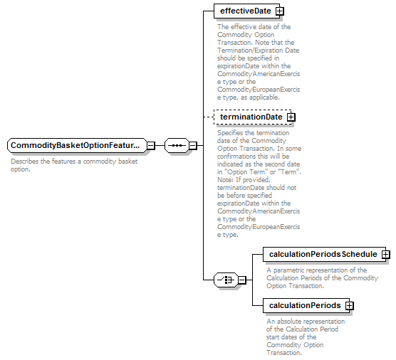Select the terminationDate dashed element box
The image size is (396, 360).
(x=252, y=117)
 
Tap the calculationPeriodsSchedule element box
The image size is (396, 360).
(x=324, y=254)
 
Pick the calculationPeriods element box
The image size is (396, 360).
(x=306, y=305)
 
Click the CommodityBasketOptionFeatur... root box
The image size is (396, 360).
(x=77, y=145)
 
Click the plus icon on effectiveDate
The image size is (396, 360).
(x=280, y=11)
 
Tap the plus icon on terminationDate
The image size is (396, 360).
(x=291, y=117)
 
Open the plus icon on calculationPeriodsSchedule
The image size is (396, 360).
(x=385, y=254)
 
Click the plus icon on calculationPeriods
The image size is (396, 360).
(x=349, y=306)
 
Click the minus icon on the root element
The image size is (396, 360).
(x=151, y=146)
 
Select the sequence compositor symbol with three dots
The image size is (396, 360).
(x=177, y=145)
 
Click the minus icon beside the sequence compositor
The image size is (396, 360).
(x=193, y=146)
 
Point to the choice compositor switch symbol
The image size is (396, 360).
(x=226, y=280)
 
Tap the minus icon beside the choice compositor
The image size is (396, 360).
(x=242, y=280)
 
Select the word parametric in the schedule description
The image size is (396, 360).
(x=290, y=270)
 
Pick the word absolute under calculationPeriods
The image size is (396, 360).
(x=289, y=322)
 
